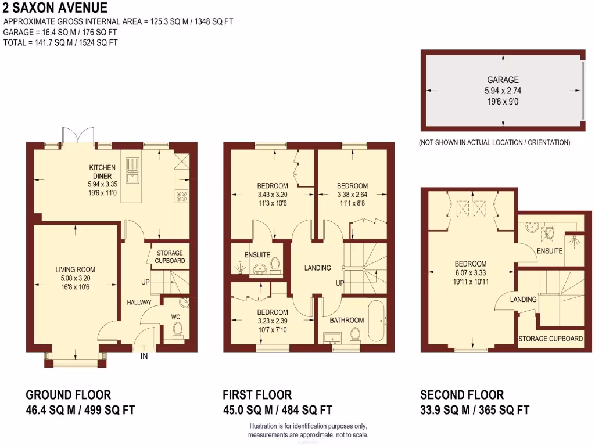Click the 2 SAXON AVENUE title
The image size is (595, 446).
[x=55, y=8]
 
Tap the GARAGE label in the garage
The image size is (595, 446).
[x=503, y=80]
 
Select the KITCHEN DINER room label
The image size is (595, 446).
[x=102, y=171]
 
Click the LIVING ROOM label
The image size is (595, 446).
[x=75, y=269]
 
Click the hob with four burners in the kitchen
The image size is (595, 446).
[x=181, y=197]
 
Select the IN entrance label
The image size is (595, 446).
[x=144, y=357]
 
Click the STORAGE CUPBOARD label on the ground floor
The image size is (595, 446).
[x=170, y=257]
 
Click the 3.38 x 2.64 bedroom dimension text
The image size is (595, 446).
[x=353, y=195]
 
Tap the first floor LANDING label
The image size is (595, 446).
[x=318, y=268]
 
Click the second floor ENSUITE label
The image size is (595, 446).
[x=550, y=251]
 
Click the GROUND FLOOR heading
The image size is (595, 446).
[x=69, y=395]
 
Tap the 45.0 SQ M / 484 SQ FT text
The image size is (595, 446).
[x=277, y=410]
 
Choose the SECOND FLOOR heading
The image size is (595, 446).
[x=462, y=395]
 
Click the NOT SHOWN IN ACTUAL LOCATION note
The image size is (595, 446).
[x=494, y=142]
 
